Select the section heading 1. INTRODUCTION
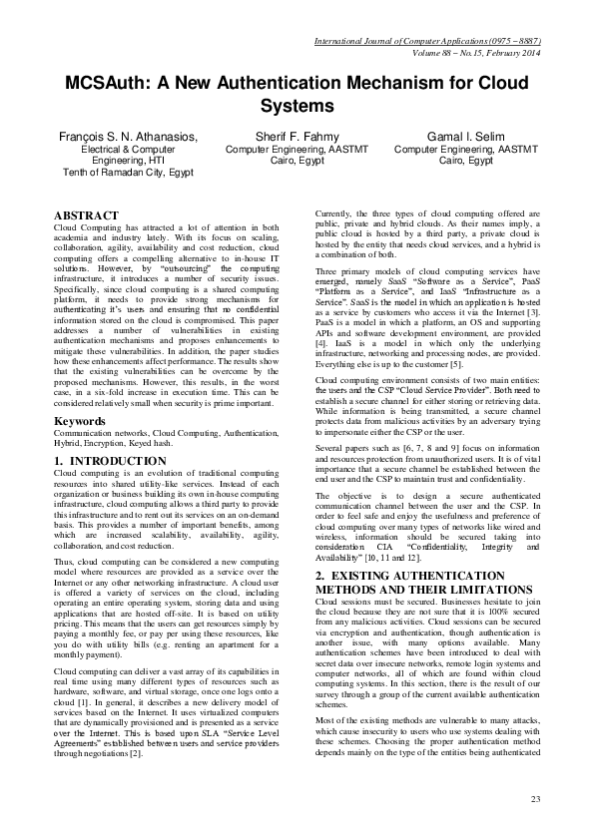pyautogui.click(x=104, y=461)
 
